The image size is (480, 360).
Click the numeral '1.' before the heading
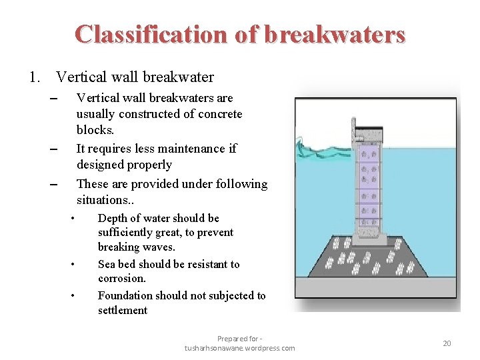pyautogui.click(x=35, y=77)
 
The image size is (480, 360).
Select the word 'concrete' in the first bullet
pyautogui.click(x=221, y=114)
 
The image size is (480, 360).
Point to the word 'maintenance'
pyautogui.click(x=187, y=148)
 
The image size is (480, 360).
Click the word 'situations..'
pyautogui.click(x=104, y=200)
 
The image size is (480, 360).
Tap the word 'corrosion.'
pyautogui.click(x=121, y=279)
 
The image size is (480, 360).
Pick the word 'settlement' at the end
pyautogui.click(x=123, y=310)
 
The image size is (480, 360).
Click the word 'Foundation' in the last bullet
pyautogui.click(x=126, y=295)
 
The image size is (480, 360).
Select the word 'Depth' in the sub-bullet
pyautogui.click(x=113, y=218)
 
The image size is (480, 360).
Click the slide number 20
pyautogui.click(x=447, y=343)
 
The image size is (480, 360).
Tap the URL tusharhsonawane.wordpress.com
pyautogui.click(x=240, y=348)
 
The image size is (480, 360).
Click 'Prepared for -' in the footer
pyautogui.click(x=240, y=339)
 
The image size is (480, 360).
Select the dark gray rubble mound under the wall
pyautogui.click(x=373, y=260)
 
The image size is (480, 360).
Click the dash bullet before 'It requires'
pyautogui.click(x=54, y=149)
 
